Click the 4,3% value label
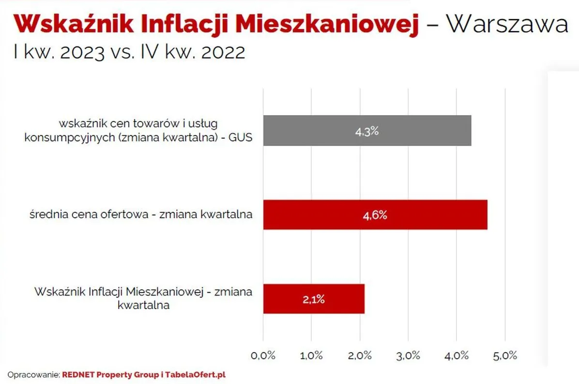[x=366, y=131]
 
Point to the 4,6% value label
[x=375, y=215]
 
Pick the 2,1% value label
[x=314, y=299]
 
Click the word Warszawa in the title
[x=507, y=24]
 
